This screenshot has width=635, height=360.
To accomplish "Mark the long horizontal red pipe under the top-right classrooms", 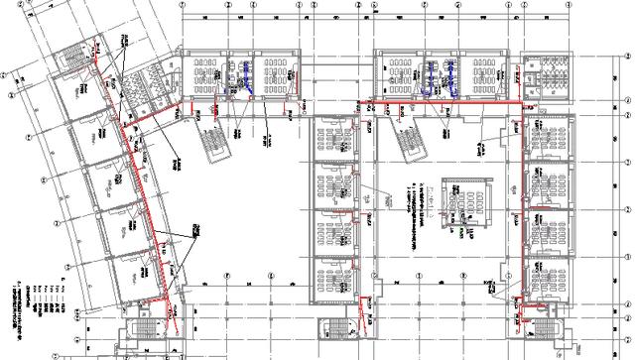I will tap(446, 99).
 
